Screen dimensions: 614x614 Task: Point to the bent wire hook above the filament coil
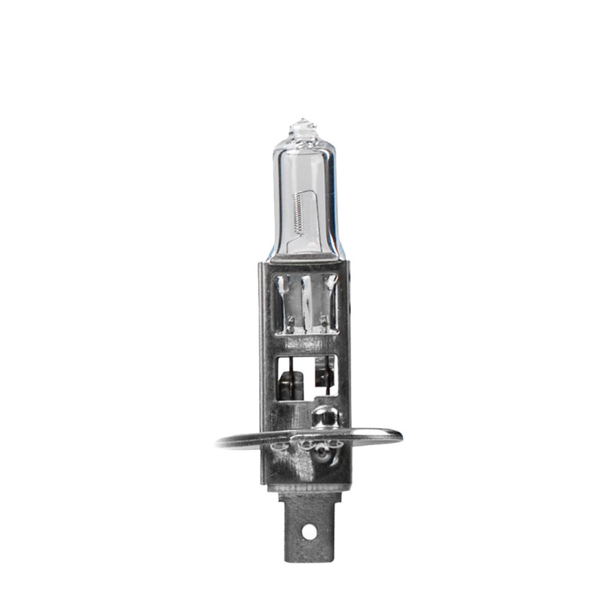tap(308, 192)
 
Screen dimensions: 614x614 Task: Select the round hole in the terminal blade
tap(309, 530)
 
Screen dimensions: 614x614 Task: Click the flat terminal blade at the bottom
tap(307, 530)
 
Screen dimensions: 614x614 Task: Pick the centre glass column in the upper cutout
tap(306, 299)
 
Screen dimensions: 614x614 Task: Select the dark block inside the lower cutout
tap(290, 380)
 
